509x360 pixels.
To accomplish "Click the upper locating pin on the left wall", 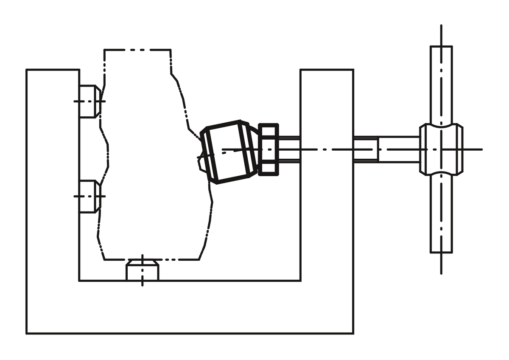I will (x=88, y=101).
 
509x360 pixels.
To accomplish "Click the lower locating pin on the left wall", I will (x=88, y=197).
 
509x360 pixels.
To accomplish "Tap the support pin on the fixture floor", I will (x=143, y=272).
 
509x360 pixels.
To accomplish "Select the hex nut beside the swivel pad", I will (x=268, y=149).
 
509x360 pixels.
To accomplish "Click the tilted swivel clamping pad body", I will (x=228, y=152).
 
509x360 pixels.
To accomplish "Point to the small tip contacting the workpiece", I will (x=202, y=163).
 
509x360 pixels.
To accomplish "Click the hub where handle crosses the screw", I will (x=441, y=149).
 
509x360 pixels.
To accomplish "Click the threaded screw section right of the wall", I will (x=366, y=149).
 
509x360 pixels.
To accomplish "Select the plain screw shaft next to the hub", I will (x=399, y=149).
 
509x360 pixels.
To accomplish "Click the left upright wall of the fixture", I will (x=53, y=178).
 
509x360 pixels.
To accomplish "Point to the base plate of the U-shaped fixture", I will (x=190, y=307).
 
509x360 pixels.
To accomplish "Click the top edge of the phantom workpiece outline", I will (x=137, y=50).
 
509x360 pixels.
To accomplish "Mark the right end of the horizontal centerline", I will (x=481, y=149).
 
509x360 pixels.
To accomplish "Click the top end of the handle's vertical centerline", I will (x=441, y=26).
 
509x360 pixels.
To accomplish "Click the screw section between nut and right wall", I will (x=289, y=149).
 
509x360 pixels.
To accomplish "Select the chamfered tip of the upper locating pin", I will (x=98, y=101).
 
